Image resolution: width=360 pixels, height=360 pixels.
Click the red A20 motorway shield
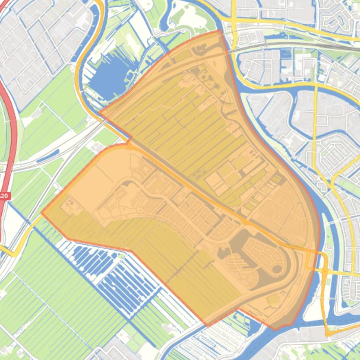4,196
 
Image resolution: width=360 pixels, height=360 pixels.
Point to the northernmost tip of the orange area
220,31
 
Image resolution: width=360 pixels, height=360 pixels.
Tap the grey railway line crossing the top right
300,45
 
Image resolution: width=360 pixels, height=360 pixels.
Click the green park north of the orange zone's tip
187,19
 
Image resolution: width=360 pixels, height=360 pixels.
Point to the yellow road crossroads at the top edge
233,21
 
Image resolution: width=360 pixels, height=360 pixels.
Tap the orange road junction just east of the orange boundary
323,270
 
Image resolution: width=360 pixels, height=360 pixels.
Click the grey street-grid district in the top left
42,42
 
